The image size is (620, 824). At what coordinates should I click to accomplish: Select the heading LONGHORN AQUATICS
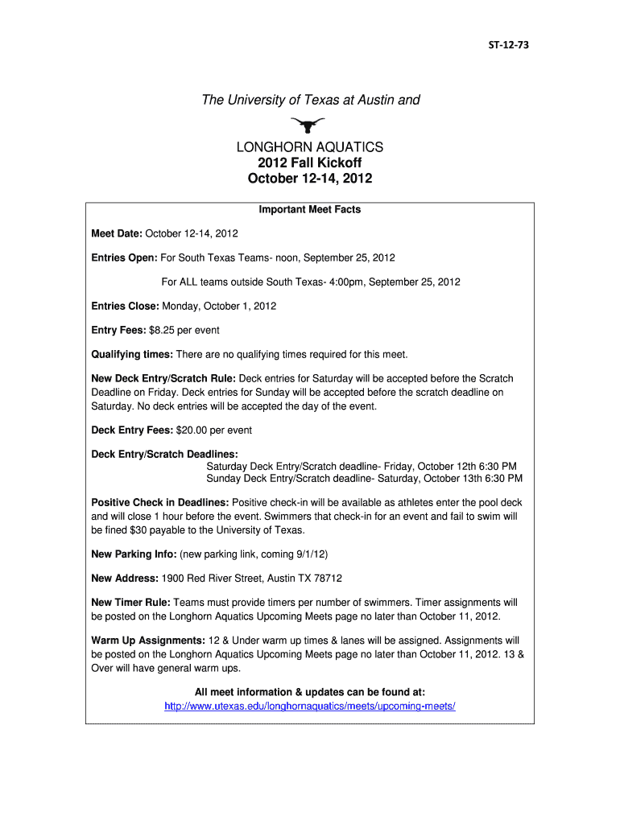(x=309, y=148)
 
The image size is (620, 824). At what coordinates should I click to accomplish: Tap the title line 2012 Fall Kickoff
(x=309, y=163)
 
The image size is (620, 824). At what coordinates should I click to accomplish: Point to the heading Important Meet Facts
(x=309, y=210)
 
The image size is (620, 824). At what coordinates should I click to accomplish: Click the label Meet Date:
(x=117, y=234)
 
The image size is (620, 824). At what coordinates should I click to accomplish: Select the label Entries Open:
(x=125, y=258)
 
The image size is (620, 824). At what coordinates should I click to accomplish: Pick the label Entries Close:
(x=126, y=307)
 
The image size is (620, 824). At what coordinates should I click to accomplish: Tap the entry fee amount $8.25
(x=190, y=331)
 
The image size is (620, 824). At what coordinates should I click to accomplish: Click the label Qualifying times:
(x=132, y=355)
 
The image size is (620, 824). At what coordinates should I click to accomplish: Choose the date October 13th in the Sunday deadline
(x=455, y=479)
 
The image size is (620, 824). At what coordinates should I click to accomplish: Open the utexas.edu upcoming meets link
(x=310, y=706)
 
